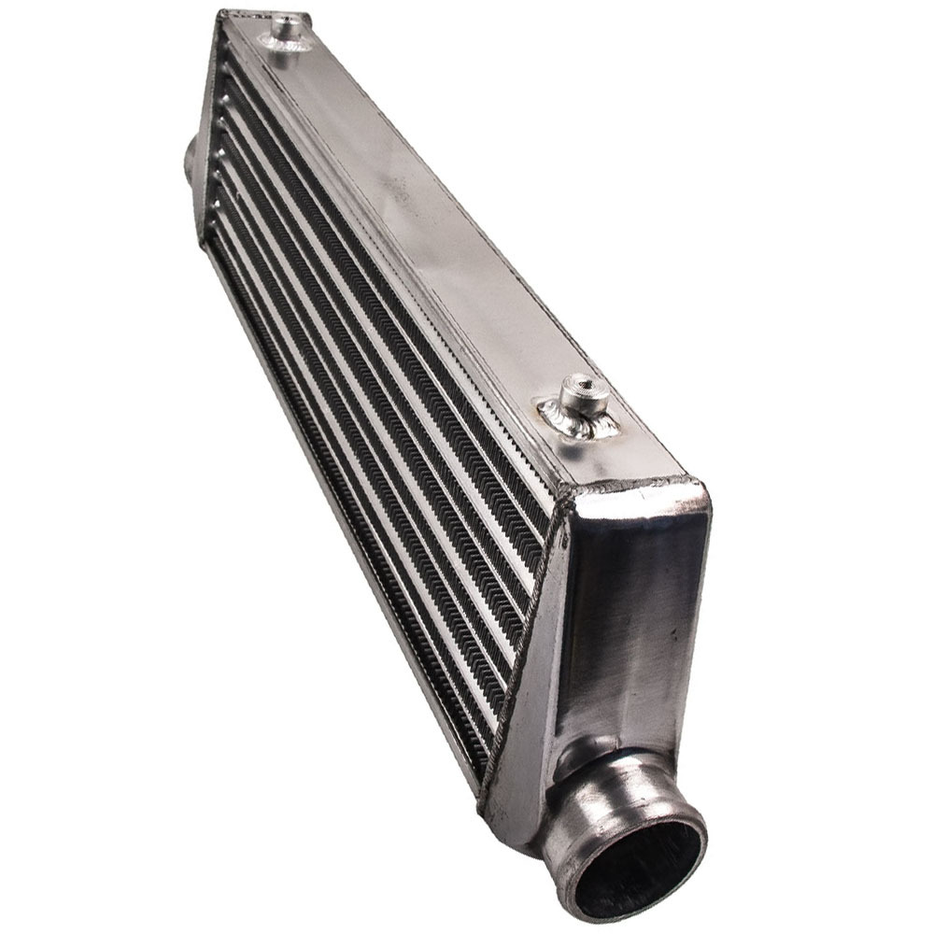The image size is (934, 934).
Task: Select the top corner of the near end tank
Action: click(x=696, y=486)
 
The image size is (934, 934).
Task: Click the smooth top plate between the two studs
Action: click(x=420, y=215)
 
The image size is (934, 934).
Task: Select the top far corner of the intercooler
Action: click(x=224, y=13)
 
